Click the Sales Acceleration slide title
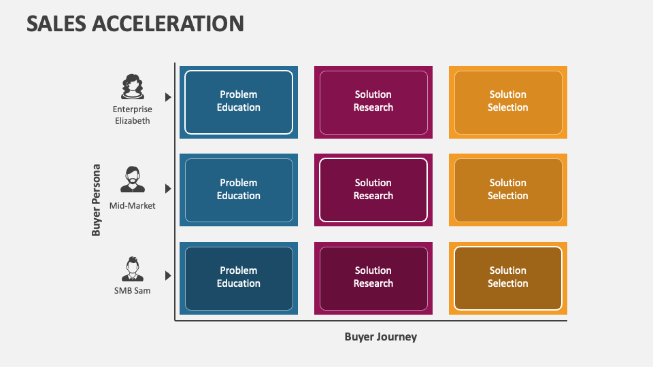[x=135, y=23]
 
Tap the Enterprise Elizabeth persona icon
[x=133, y=87]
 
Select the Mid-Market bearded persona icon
[x=133, y=179]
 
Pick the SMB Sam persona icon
[x=133, y=268]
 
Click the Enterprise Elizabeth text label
[x=133, y=115]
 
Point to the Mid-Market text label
[x=133, y=205]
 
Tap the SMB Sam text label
[x=133, y=291]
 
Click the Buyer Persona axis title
[x=97, y=200]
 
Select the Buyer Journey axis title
[x=380, y=336]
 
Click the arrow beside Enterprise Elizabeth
[x=168, y=97]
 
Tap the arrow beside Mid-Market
[x=168, y=188]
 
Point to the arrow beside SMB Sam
[x=168, y=275]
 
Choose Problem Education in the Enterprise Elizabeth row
[x=239, y=101]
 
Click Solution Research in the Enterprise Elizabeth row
[x=373, y=101]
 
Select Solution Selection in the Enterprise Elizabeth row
[x=508, y=101]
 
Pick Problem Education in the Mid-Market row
[x=239, y=190]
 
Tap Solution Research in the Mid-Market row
[x=373, y=190]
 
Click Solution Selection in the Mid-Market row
[x=508, y=190]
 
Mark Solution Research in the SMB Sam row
[x=373, y=277]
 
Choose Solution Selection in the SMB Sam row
[x=508, y=277]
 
